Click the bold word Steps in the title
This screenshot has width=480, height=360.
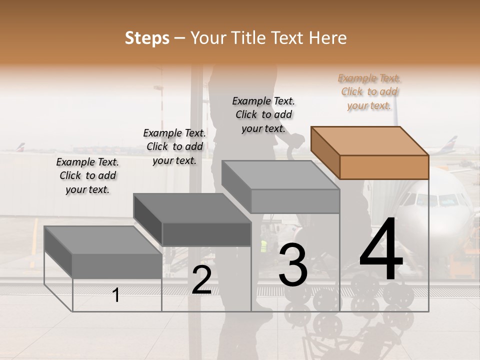coord(147,38)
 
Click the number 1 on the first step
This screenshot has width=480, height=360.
coord(115,295)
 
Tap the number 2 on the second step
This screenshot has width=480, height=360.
coord(201,280)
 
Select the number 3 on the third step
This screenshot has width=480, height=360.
coord(293,265)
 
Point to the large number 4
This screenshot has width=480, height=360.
coord(381,250)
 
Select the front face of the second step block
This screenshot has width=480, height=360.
coord(206,234)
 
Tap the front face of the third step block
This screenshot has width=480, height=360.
coord(295,201)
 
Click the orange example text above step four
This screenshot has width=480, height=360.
coord(369,91)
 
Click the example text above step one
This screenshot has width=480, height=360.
coord(87,175)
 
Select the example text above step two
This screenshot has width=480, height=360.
coord(174,146)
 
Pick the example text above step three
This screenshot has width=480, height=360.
coord(263,114)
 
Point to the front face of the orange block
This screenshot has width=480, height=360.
coord(384,167)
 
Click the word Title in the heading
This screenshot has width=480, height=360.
coord(249,38)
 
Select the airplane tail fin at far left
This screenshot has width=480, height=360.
coord(19,147)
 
